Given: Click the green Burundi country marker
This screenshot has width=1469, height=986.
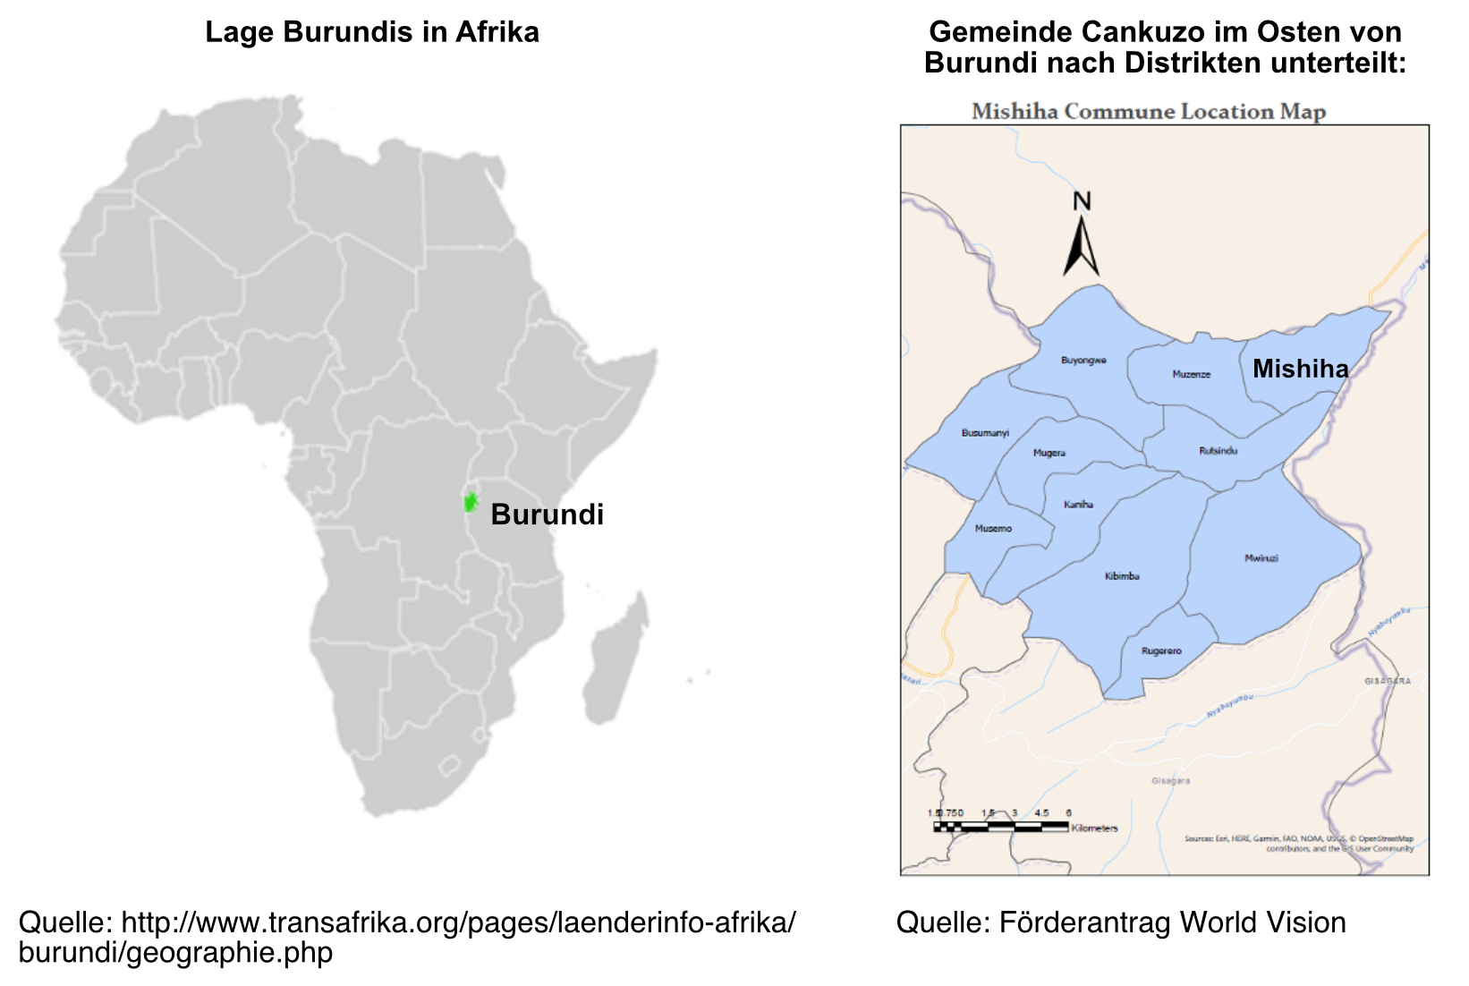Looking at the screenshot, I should [x=471, y=502].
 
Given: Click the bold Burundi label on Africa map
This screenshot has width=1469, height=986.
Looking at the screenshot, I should [x=547, y=514].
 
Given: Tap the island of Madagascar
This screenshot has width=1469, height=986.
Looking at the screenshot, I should [x=619, y=658].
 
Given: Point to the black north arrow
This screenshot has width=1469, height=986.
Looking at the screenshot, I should [x=1081, y=248].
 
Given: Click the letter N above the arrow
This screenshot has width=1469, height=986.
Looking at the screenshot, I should [x=1082, y=201].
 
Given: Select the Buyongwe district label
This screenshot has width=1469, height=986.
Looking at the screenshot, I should [x=1083, y=361].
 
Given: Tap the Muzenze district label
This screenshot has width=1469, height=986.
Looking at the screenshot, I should [x=1191, y=374].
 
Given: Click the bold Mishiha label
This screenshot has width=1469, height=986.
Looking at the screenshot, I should [x=1300, y=369].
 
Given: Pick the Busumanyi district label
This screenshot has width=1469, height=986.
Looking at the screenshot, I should [x=985, y=433].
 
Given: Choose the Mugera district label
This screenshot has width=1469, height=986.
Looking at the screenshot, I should [x=1049, y=453].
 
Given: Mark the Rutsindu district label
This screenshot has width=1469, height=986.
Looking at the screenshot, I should [x=1218, y=451].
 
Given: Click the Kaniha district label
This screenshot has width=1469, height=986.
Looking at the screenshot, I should [x=1078, y=505].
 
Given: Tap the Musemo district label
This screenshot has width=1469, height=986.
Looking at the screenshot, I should [x=993, y=529].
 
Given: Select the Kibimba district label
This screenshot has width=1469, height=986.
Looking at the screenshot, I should [x=1122, y=576].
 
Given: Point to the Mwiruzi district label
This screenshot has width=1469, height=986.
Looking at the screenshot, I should [x=1261, y=558].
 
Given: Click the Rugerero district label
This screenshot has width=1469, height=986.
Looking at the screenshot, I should [x=1161, y=651].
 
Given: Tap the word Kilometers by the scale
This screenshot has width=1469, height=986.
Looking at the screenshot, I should [x=1094, y=829].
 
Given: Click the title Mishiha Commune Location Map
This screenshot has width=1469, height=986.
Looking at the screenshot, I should [x=1149, y=112].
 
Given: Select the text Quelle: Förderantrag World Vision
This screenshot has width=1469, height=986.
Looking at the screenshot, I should [x=1121, y=922].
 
